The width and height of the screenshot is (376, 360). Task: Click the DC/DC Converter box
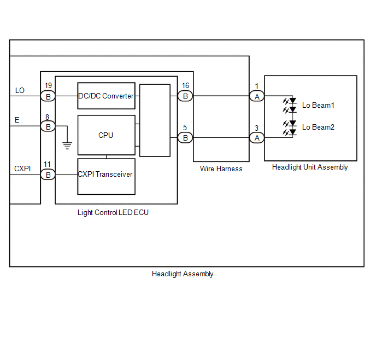[106, 96]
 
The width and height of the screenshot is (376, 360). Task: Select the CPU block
[106, 135]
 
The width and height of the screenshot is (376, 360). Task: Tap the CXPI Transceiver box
[106, 176]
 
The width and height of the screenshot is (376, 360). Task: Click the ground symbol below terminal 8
[67, 146]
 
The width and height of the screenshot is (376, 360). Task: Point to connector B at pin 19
[48, 96]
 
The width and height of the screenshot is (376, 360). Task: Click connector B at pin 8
[48, 126]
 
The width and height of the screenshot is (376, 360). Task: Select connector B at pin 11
[48, 175]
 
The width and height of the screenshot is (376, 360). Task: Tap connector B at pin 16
[185, 96]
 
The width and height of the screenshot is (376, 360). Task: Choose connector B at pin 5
[185, 138]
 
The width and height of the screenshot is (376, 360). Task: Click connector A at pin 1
[256, 96]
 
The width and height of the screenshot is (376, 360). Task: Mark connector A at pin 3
[256, 138]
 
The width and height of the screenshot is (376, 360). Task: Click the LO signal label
[20, 90]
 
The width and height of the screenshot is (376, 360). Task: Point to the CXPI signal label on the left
[22, 169]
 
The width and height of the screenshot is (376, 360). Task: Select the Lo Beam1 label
[318, 105]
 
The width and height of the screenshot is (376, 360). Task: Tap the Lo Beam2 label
[318, 127]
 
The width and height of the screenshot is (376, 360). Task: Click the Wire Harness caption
[221, 169]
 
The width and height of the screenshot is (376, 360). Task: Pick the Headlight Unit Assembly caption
[310, 167]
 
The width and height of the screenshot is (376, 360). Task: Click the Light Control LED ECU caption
[113, 212]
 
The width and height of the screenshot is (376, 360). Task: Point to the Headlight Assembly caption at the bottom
[183, 274]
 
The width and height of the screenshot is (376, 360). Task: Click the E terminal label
[17, 120]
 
